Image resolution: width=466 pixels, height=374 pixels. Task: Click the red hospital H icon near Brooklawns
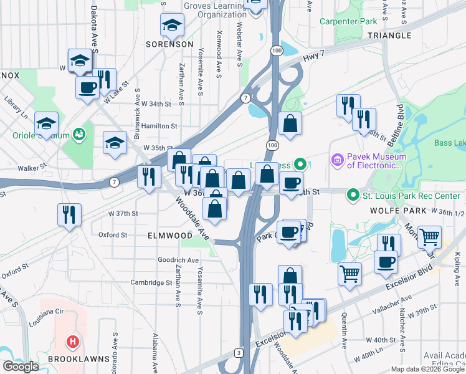click(x=73, y=342)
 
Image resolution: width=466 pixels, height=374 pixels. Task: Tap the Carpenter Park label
click(x=348, y=21)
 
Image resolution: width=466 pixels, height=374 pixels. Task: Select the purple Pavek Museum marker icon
click(x=338, y=160)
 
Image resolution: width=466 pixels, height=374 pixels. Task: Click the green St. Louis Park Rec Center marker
click(x=354, y=196)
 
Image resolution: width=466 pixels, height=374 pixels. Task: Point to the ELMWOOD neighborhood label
click(x=169, y=236)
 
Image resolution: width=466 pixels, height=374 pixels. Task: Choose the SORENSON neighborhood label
click(x=169, y=44)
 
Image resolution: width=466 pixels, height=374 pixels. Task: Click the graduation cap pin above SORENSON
click(x=171, y=26)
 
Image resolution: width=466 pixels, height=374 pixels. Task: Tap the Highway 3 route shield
click(x=239, y=353)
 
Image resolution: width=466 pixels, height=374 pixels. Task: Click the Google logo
click(x=21, y=366)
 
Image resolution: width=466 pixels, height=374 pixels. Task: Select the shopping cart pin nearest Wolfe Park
click(x=429, y=237)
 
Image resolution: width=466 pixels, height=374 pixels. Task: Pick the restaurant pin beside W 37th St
click(x=69, y=214)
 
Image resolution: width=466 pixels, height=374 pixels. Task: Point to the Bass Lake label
click(x=450, y=143)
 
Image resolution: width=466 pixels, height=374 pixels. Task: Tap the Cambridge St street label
click(x=151, y=282)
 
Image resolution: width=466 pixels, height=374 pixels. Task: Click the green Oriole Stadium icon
click(x=78, y=133)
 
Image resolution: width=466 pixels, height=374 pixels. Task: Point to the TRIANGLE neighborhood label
click(x=386, y=36)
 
